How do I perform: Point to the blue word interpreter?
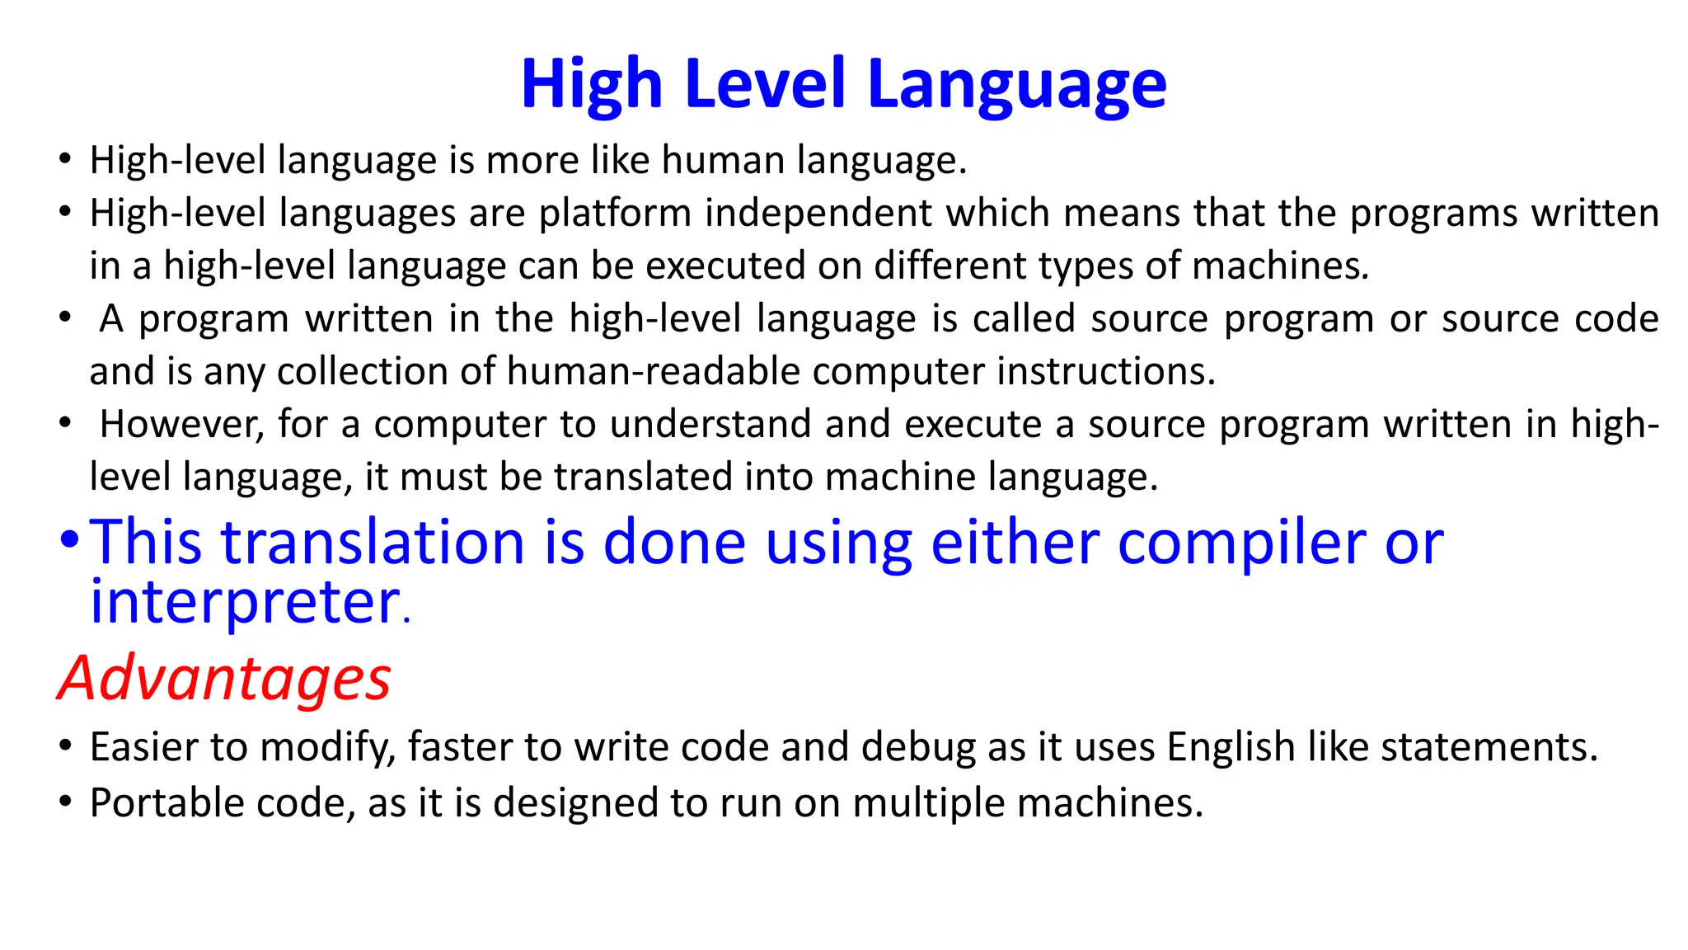click(246, 602)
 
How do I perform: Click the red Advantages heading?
click(225, 678)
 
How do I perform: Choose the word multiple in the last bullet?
click(929, 803)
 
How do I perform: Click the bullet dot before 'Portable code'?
click(66, 802)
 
